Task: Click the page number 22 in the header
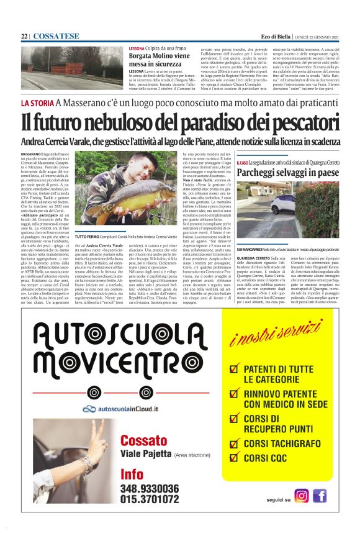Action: pyautogui.click(x=24, y=37)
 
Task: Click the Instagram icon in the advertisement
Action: pyautogui.click(x=302, y=496)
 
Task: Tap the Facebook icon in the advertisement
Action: pyautogui.click(x=320, y=496)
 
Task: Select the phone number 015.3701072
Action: pyautogui.click(x=150, y=499)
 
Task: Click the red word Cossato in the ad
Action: pyautogui.click(x=144, y=440)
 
